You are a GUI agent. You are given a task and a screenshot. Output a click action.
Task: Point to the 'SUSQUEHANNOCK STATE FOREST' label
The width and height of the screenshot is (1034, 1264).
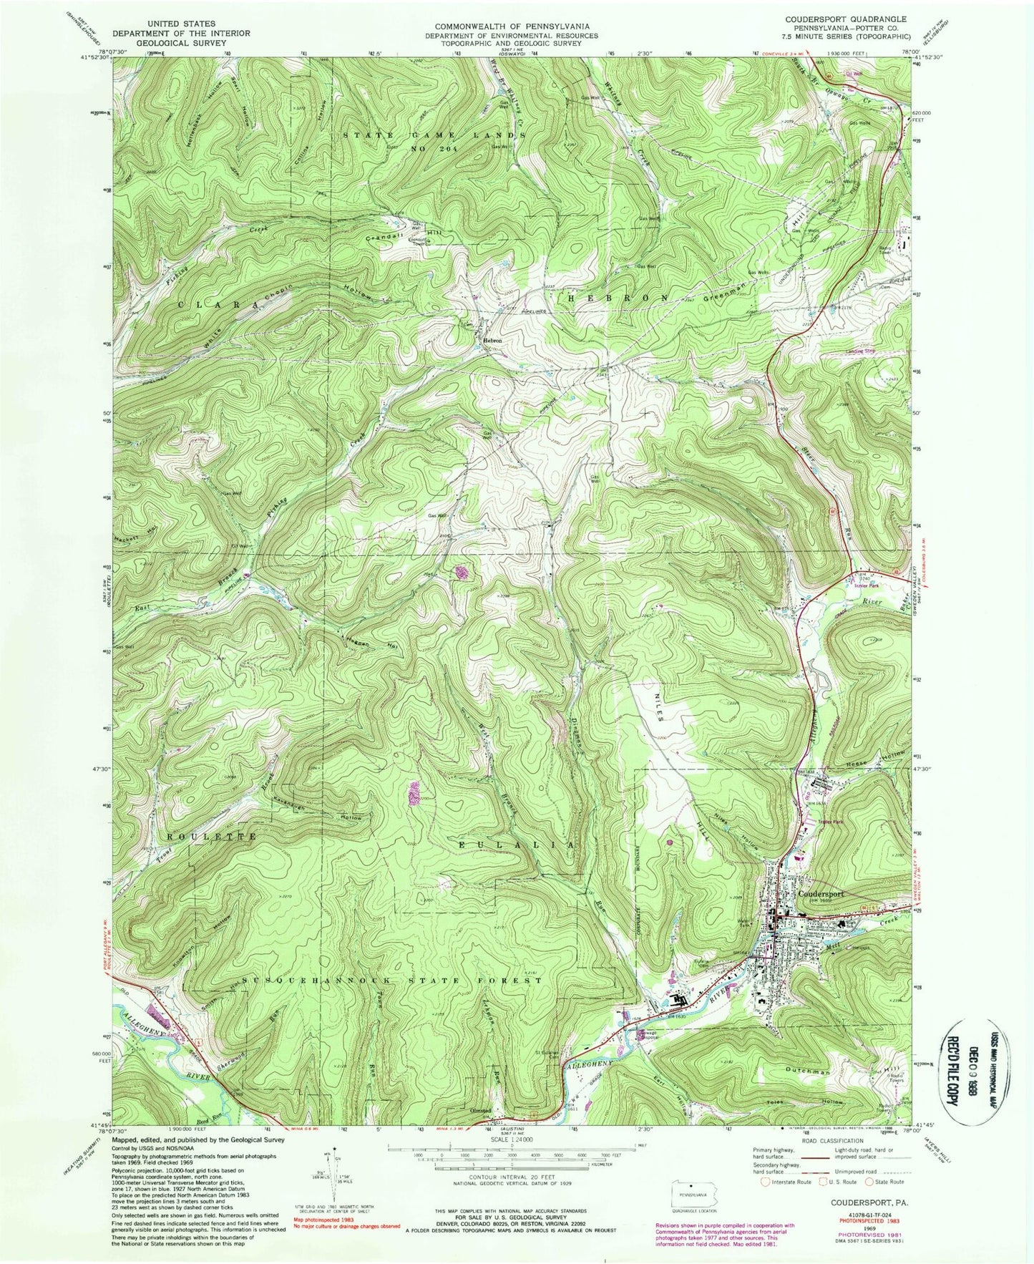pyautogui.click(x=393, y=980)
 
